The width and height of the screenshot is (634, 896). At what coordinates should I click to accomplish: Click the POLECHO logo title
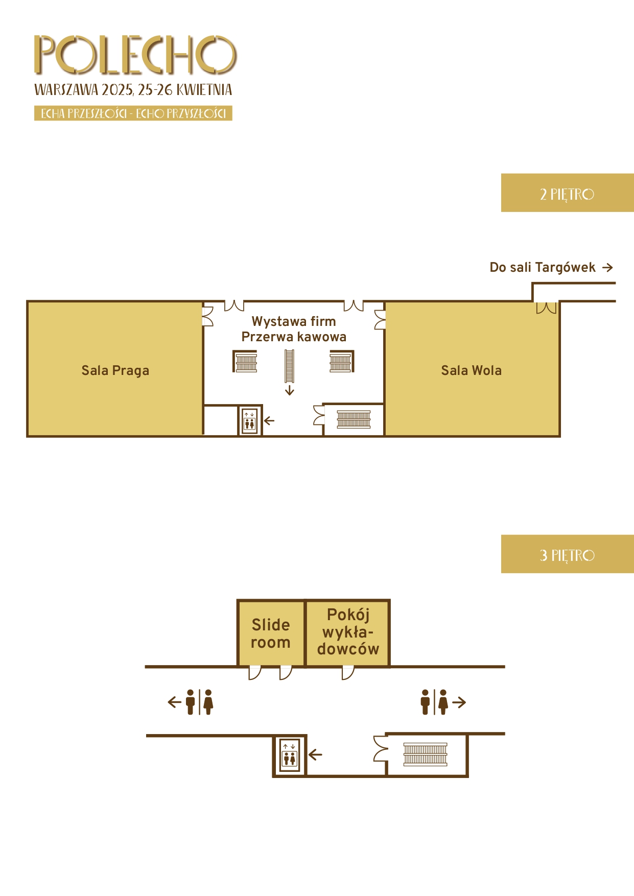(x=135, y=55)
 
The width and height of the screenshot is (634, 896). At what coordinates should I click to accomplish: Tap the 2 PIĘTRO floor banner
(x=567, y=193)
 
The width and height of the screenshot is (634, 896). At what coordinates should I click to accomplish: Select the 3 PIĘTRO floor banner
(x=567, y=554)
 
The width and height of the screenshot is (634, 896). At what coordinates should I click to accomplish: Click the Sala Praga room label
(x=115, y=370)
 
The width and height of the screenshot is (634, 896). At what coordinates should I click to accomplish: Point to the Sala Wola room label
(x=472, y=370)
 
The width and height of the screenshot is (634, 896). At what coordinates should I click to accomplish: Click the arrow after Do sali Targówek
(x=607, y=267)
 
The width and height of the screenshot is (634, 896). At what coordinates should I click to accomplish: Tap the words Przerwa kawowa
(x=294, y=337)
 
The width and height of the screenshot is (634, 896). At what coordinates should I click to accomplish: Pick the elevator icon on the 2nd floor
(x=249, y=420)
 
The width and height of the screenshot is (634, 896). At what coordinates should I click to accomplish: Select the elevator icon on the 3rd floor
(x=290, y=755)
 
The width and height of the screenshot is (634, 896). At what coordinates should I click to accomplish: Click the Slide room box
(x=271, y=633)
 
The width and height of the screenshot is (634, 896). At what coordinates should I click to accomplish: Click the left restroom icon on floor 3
(x=199, y=702)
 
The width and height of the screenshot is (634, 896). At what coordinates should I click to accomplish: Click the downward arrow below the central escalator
(x=290, y=391)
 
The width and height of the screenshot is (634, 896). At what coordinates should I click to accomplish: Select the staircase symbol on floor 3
(x=426, y=754)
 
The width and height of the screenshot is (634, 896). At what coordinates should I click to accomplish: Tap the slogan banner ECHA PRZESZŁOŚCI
(x=133, y=113)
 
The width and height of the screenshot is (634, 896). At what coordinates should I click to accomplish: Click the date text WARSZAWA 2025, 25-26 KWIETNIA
(x=133, y=90)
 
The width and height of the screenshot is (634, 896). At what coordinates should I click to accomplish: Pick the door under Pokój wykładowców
(x=348, y=673)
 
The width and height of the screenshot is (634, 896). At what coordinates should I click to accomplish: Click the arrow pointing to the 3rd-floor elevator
(x=315, y=754)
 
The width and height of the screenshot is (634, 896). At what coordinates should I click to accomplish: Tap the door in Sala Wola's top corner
(x=546, y=308)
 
